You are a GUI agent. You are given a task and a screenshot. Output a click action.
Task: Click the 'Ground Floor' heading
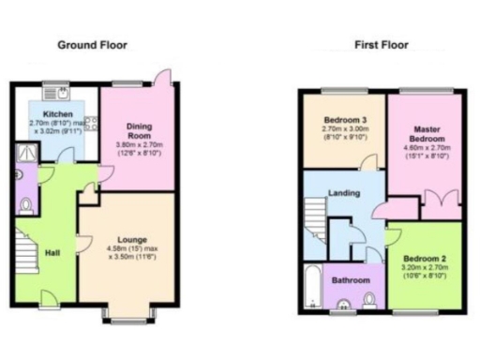[93, 44]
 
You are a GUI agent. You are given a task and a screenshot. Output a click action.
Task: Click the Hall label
[53, 252]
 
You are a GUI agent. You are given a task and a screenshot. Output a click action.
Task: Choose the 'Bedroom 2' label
[424, 257]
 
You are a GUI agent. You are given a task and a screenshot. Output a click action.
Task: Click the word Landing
[344, 193]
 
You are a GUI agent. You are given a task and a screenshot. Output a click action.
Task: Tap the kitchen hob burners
[91, 123]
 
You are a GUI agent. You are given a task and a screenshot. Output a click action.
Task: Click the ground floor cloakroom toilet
[25, 205]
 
